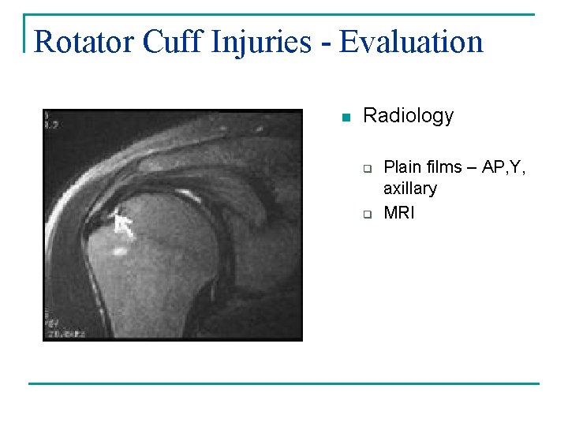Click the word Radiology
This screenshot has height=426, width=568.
408,116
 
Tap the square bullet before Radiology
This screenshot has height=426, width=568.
344,118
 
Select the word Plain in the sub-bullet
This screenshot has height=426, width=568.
401,167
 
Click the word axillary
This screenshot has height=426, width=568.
409,189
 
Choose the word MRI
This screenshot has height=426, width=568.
398,213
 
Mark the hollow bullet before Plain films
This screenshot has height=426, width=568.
367,168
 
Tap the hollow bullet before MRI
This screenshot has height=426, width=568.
367,214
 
